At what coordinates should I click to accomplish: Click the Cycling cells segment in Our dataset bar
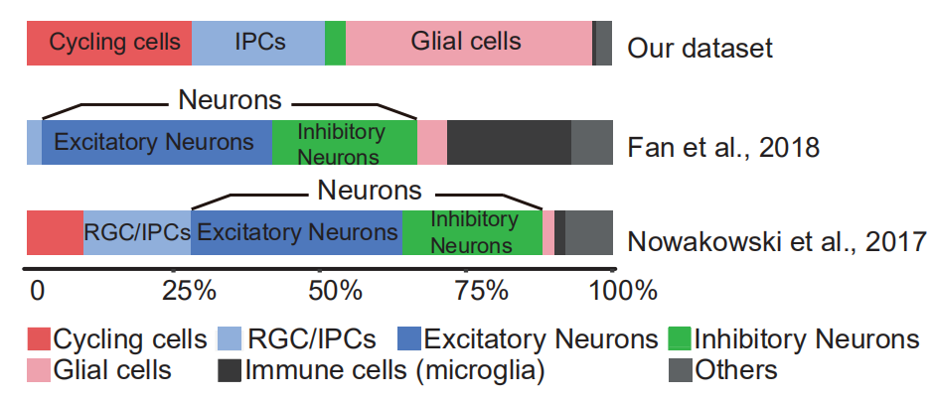pos(108,43)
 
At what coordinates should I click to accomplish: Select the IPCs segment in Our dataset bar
pos(258,43)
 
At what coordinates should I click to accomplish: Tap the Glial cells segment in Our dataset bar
pos(468,43)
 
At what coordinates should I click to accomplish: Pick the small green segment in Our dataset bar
pos(335,43)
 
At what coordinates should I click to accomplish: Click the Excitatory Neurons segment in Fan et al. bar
pos(156,142)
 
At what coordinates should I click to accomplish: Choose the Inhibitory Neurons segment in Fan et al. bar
pos(344,142)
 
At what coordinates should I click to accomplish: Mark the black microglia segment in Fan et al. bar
pos(509,142)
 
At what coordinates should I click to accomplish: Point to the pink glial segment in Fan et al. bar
pos(431,142)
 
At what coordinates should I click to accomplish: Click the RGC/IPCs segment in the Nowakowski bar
pos(137,233)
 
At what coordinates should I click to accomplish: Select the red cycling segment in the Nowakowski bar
pos(55,233)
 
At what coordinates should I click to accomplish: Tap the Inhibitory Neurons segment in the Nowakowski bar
pos(472,233)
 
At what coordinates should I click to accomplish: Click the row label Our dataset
pos(700,48)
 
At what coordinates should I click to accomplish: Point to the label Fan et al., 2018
pos(723,148)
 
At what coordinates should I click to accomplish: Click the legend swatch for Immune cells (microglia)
pos(230,371)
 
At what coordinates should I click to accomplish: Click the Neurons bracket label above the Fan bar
pos(230,99)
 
